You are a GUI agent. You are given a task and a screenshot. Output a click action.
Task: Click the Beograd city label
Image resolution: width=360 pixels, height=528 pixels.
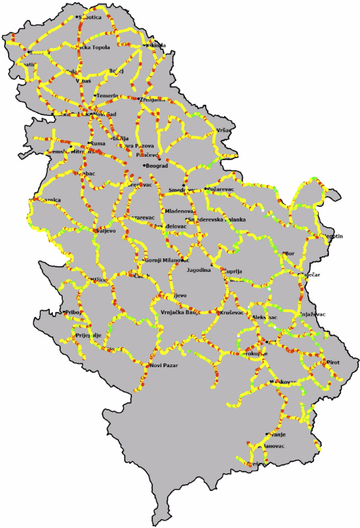click(158, 166)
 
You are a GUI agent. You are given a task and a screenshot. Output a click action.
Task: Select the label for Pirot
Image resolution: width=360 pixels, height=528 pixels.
click(332, 362)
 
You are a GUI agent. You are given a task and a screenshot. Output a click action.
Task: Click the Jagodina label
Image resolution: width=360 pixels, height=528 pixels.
click(200, 270)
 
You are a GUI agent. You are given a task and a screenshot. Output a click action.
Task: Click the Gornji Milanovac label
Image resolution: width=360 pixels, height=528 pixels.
click(166, 260)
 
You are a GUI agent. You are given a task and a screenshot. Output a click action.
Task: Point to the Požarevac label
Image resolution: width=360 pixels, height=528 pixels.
click(222, 189)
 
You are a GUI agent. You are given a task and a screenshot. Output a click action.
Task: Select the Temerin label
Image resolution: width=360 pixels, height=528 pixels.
click(108, 96)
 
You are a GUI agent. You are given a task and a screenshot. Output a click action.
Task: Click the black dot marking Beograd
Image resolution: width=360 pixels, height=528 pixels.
click(144, 166)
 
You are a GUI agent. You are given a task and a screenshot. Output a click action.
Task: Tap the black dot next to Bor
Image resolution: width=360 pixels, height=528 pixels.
click(284, 254)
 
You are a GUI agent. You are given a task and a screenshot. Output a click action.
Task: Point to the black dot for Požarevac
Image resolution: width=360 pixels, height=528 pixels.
click(206, 189)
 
